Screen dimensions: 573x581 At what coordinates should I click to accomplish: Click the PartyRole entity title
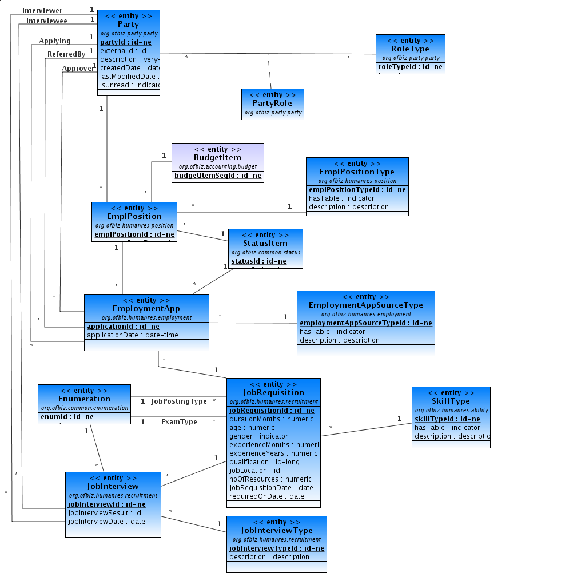pos(272,104)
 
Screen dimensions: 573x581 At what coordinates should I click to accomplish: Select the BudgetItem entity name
pos(217,157)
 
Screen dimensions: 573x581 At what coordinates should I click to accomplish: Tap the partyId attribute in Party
pos(126,42)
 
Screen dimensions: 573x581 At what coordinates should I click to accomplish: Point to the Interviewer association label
pos(42,11)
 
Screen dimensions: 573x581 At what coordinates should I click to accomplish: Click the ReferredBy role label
pos(66,54)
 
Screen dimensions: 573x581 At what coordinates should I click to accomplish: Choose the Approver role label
pos(78,69)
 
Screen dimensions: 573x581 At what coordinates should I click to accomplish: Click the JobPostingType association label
pos(179,401)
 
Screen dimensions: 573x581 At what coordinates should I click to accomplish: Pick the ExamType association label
pos(179,422)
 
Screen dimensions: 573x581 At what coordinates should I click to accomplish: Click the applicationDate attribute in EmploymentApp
pos(132,335)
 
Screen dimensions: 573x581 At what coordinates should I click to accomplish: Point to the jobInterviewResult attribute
pos(105,513)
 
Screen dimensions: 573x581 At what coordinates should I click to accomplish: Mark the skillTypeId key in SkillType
pos(447,419)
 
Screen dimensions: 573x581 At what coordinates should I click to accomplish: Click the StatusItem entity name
pos(265,244)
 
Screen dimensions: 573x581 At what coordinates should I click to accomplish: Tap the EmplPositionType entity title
pos(357,172)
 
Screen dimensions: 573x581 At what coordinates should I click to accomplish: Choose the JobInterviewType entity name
pos(276,531)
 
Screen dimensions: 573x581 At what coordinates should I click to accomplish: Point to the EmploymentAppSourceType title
pos(365,305)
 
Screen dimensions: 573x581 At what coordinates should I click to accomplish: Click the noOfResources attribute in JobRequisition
pos(270,479)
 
